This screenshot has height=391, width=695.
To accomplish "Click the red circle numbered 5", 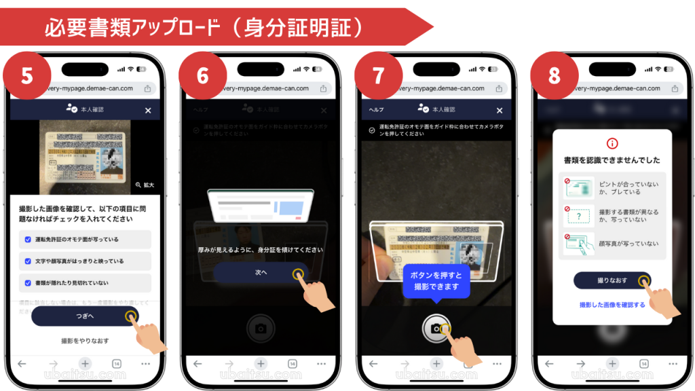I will point(27,75).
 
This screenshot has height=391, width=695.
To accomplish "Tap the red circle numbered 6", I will point(203,75).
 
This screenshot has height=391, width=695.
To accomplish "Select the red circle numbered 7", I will point(379,75).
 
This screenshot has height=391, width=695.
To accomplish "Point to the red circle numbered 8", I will point(555,75).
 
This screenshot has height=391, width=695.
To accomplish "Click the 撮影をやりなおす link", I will point(85,341).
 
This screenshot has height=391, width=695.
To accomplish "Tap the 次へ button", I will point(261,273).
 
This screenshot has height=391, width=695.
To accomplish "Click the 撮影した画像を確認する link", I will point(612,305).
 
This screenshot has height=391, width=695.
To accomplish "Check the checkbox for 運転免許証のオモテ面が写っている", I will point(28,240).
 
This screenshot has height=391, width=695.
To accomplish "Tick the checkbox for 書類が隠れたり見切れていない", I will point(28,282).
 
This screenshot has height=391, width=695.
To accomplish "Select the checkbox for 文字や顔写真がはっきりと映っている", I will point(28,261).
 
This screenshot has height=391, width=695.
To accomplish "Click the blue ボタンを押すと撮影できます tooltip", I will point(437,281).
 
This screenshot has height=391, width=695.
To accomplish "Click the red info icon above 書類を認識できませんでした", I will point(612,143).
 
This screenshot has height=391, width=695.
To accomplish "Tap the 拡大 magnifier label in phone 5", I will point(145,185).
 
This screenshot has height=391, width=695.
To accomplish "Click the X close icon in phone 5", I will point(148,110).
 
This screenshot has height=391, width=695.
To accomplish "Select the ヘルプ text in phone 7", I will point(376,110).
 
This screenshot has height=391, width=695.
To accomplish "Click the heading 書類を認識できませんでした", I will point(612,160).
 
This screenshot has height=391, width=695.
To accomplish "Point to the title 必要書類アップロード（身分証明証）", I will point(204,27).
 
